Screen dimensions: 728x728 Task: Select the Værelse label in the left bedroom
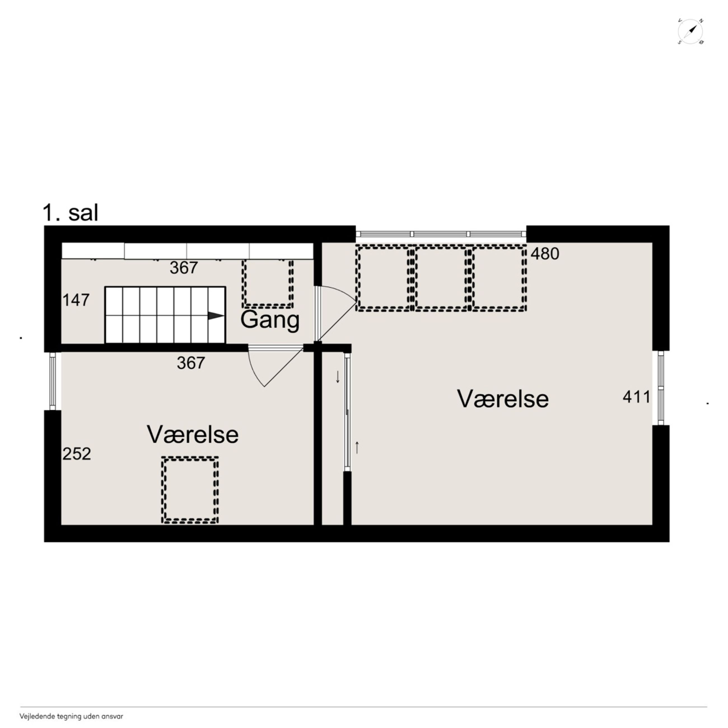click(193, 435)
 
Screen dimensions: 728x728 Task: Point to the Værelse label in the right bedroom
click(503, 399)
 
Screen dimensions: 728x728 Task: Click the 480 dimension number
click(545, 254)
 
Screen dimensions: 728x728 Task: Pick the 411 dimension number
click(636, 397)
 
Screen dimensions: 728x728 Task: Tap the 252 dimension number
click(76, 454)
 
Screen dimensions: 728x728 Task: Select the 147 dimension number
click(76, 300)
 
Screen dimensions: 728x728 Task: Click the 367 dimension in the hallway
click(183, 268)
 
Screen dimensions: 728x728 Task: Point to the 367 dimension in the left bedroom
click(191, 363)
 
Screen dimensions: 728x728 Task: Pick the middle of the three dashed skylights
click(440, 279)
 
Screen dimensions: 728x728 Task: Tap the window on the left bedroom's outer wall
click(53, 381)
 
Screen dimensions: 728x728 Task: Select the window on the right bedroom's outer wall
click(661, 388)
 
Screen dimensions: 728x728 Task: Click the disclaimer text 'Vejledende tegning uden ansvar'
click(71, 716)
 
